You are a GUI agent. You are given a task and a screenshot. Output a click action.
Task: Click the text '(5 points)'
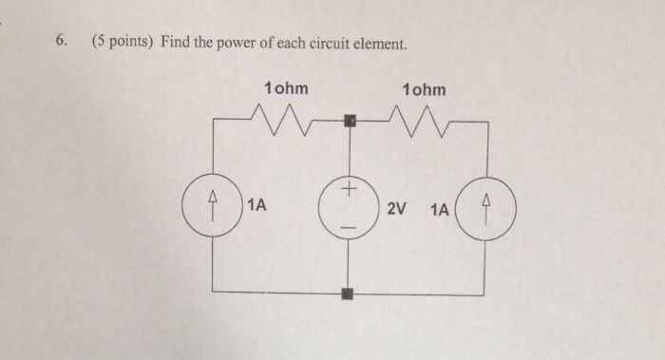point(123,42)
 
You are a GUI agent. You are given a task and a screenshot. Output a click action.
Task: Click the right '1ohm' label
point(423,89)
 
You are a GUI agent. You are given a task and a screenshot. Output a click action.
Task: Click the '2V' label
point(397,206)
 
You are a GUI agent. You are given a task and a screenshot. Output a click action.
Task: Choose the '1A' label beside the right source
point(440,206)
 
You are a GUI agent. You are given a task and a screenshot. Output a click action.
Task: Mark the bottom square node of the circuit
point(350,294)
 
